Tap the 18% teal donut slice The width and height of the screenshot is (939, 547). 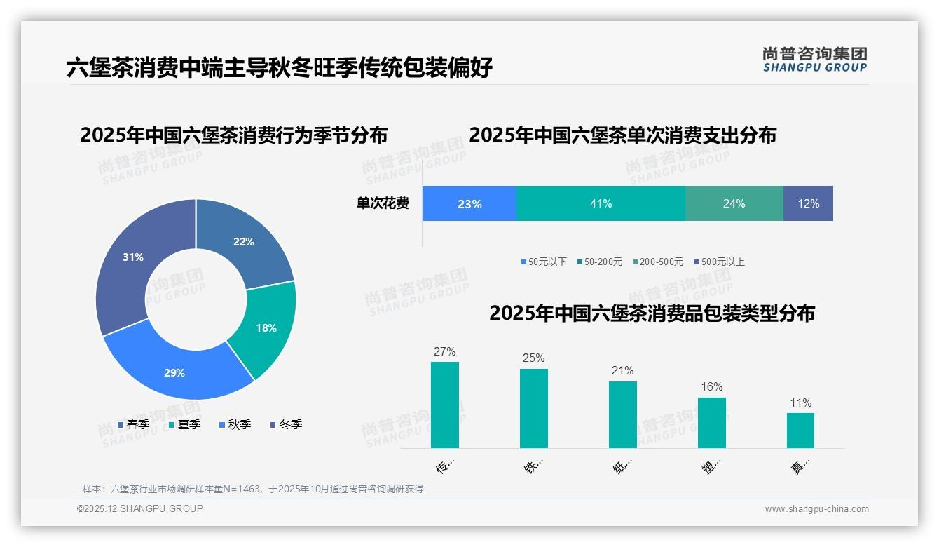[x=266, y=327]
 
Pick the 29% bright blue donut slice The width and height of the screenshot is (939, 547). [x=174, y=372]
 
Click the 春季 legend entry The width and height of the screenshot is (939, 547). [x=133, y=424]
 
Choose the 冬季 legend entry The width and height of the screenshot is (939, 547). [x=286, y=424]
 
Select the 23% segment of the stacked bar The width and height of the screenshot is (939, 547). [x=469, y=204]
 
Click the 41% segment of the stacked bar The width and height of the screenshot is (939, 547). [x=601, y=204]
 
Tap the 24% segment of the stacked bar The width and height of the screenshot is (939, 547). [x=734, y=204]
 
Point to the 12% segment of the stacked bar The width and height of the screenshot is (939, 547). [x=808, y=204]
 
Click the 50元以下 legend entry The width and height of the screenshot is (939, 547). [x=544, y=262]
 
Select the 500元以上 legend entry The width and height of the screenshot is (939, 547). [x=720, y=262]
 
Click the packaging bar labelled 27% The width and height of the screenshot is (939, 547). [x=445, y=405]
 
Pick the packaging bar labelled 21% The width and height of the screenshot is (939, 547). [x=623, y=414]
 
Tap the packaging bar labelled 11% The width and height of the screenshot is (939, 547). [x=800, y=430]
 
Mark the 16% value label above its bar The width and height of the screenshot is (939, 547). [x=711, y=386]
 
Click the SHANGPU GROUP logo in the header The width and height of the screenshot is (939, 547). [x=815, y=60]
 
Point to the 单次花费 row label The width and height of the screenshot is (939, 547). [x=383, y=204]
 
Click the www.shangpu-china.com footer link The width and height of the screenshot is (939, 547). [x=816, y=508]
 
